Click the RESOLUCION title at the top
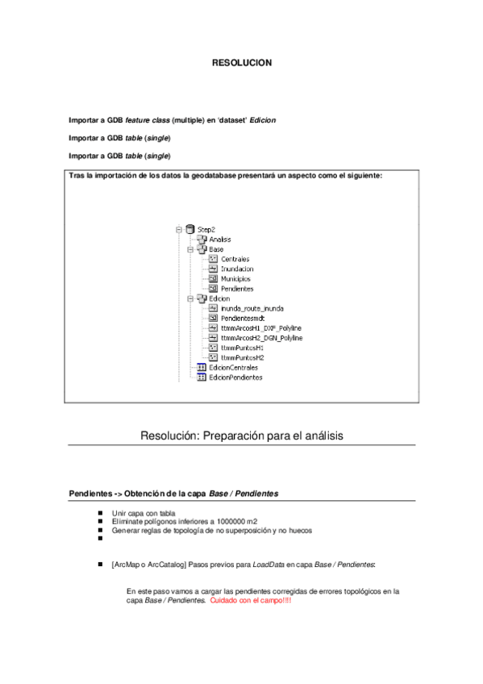point(241,63)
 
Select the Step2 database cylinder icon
point(189,230)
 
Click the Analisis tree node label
point(220,240)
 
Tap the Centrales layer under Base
point(235,259)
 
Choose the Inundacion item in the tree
point(237,269)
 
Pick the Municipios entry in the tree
point(235,278)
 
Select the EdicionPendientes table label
point(235,377)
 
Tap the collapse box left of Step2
point(177,230)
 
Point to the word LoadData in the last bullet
point(271,565)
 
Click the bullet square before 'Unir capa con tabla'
point(100,512)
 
